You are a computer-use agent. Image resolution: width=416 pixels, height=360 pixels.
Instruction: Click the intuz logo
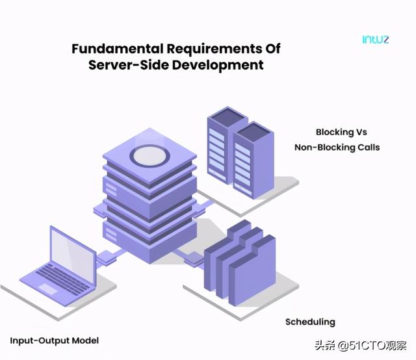coord(376,40)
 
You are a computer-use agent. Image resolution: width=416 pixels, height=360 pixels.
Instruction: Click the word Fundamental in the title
coord(118,49)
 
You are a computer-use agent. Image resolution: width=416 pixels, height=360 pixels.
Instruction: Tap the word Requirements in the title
coord(214,49)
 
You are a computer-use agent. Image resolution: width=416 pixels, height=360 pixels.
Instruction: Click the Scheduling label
coord(310,322)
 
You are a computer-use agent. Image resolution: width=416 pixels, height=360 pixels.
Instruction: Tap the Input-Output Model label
coord(55,341)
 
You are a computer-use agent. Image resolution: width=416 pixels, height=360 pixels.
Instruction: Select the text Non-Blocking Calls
coord(337,148)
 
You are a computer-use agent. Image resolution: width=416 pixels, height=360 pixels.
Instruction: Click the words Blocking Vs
coord(341,132)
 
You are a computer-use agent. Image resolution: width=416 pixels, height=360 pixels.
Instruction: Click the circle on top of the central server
coord(149,156)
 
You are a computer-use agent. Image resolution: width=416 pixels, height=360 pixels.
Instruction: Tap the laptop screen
coord(72,255)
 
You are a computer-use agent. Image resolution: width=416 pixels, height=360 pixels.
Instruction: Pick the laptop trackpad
coord(48,289)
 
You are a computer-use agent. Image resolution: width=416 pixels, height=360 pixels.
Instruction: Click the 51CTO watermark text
coord(361,346)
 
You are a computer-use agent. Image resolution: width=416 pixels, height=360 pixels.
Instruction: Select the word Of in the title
coord(272,49)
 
